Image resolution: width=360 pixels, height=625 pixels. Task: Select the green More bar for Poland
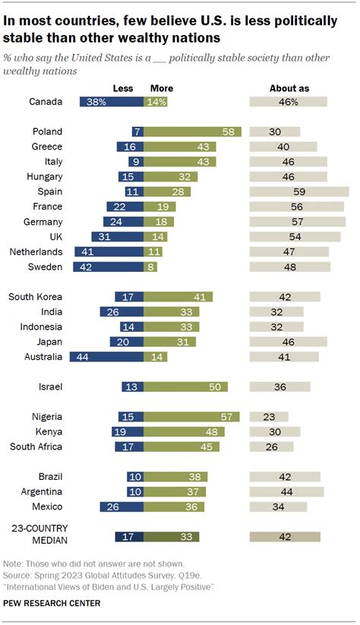(x=193, y=131)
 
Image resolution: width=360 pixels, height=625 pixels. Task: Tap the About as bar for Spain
(x=299, y=191)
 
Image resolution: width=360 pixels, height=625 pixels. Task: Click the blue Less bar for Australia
(x=106, y=356)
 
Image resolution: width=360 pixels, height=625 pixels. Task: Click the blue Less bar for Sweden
(x=108, y=267)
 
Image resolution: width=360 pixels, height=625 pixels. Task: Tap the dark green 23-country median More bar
(x=172, y=536)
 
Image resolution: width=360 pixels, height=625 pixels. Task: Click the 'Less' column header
(x=124, y=88)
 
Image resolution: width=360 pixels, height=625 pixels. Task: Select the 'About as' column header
(x=289, y=88)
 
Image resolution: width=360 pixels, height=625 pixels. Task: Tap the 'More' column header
(x=162, y=88)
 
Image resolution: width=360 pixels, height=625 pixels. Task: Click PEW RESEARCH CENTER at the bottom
(x=52, y=603)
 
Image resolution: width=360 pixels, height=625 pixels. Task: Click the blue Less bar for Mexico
(x=122, y=507)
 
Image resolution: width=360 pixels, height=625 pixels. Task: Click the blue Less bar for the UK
(x=118, y=236)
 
